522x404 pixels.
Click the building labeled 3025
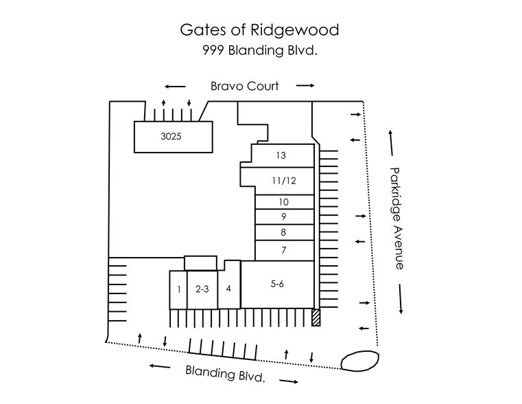(171, 137)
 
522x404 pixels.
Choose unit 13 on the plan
(281, 155)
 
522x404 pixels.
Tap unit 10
(283, 202)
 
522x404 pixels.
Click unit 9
(283, 217)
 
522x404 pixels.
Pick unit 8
(283, 233)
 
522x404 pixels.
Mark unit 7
(283, 250)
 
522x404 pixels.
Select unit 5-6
(277, 283)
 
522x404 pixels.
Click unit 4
(228, 289)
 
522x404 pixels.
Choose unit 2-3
(202, 289)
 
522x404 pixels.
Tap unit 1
(178, 289)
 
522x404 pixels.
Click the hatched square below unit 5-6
(316, 318)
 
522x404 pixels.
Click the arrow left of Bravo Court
(175, 87)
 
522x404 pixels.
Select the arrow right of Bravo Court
(306, 86)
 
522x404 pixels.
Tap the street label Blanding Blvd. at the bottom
(224, 374)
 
